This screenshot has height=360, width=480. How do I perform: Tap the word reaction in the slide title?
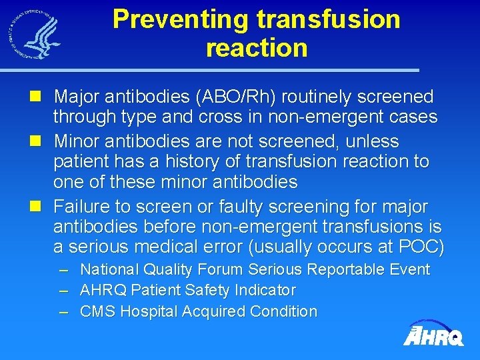(257, 48)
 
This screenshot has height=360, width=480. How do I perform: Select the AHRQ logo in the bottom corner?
(433, 333)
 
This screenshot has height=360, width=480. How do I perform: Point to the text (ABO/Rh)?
(237, 97)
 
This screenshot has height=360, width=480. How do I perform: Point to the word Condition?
(283, 311)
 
